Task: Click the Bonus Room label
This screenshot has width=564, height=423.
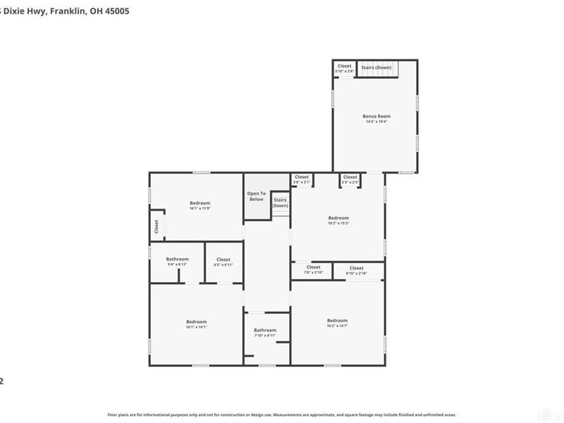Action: pos(376,116)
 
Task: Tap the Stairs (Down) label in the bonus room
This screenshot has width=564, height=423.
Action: pos(376,68)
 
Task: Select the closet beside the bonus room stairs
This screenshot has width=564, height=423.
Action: pos(344,68)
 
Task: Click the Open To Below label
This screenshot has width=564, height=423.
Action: pos(256,196)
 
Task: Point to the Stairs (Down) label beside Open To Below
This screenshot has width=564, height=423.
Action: pos(280,202)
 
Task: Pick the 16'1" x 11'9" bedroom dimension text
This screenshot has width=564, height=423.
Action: pos(200,209)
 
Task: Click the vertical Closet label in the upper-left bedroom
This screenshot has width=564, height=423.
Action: pos(156,227)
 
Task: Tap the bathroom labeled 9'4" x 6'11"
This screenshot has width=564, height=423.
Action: pos(177,262)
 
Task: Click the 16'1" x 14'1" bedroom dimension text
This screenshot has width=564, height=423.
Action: pos(196,327)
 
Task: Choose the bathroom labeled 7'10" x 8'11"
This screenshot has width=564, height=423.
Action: pos(265,333)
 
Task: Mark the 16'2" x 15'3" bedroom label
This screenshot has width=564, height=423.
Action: pos(338,221)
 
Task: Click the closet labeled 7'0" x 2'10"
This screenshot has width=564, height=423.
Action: pos(313,269)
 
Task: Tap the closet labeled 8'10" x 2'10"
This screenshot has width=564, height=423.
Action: pos(356,270)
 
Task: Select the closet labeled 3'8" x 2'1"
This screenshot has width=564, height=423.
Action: pos(302,180)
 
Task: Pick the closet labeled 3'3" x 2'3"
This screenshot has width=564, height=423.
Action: pos(350,180)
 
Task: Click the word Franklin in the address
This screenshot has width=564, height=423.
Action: pos(70,11)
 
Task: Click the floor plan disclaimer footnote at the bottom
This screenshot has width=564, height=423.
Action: pos(281,415)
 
